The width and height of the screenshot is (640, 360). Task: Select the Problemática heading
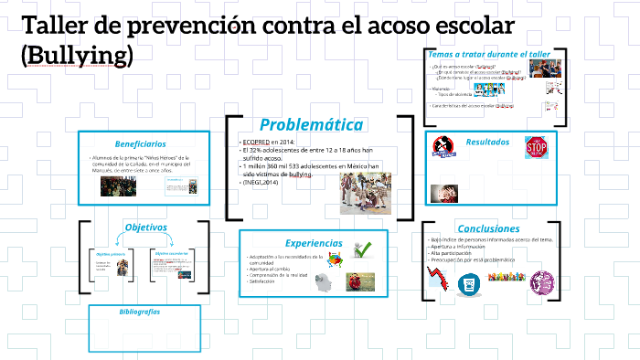tap(311, 124)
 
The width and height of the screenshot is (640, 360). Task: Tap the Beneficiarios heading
tap(140, 143)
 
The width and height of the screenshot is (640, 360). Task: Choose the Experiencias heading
tap(314, 243)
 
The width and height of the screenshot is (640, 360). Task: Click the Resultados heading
tap(487, 142)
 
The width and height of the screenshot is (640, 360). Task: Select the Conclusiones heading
tap(488, 228)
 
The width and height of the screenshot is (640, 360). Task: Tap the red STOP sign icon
tap(536, 147)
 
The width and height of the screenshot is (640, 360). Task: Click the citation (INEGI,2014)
tap(266, 183)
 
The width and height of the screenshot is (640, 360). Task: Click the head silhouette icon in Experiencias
tap(323, 283)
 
